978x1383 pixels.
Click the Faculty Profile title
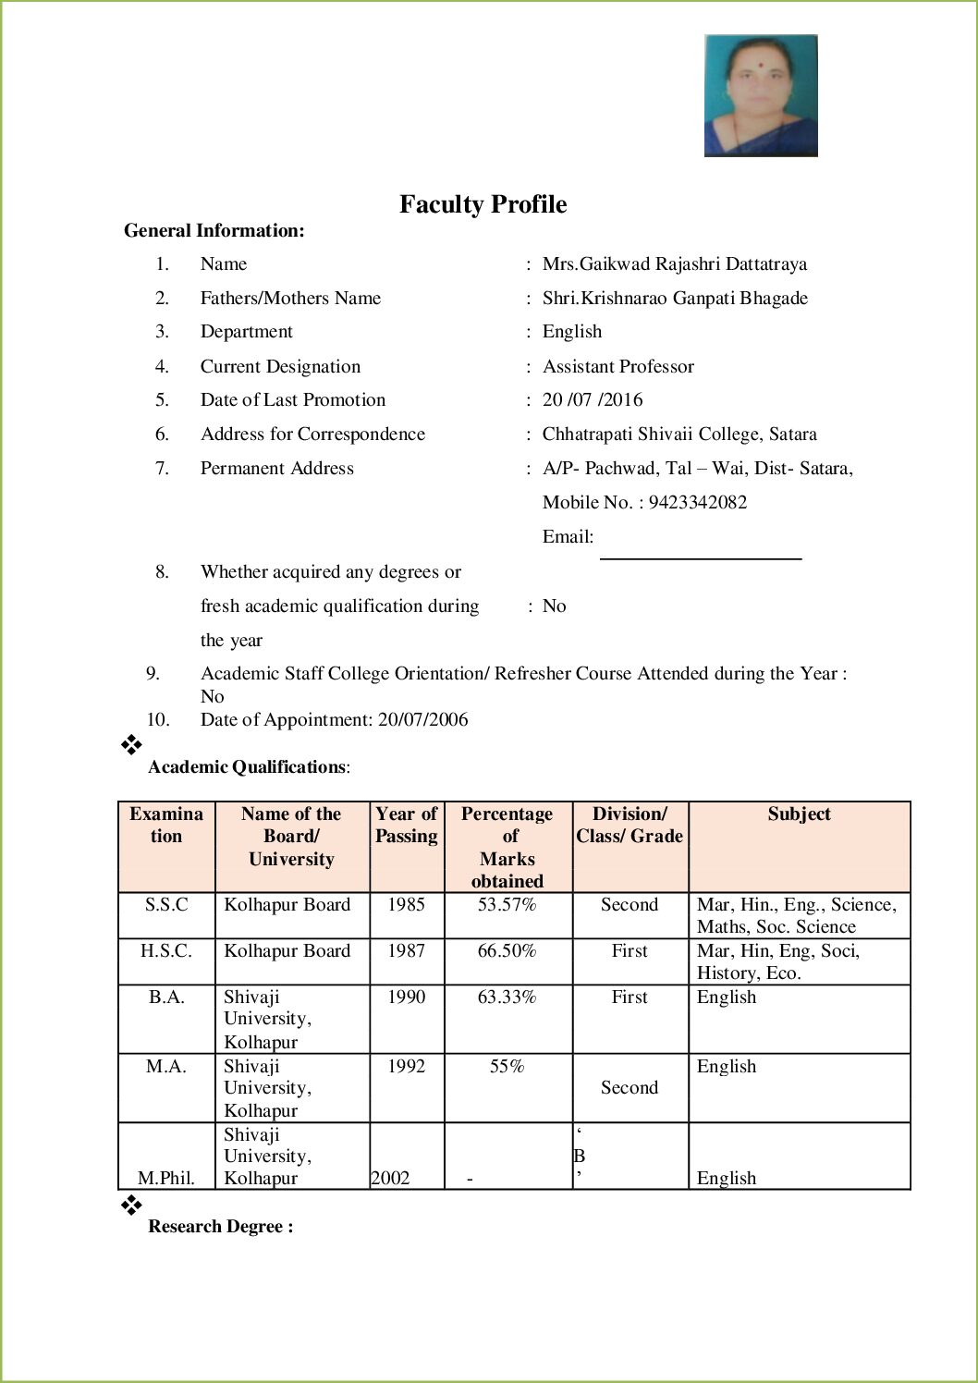(x=483, y=204)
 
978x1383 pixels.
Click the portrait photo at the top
(x=761, y=95)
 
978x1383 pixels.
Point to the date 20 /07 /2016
(x=593, y=399)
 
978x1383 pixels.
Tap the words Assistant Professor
(x=617, y=366)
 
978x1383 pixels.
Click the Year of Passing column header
(x=406, y=825)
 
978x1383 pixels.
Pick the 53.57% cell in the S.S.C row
(x=507, y=904)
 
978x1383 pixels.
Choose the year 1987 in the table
(x=406, y=950)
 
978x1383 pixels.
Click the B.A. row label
(x=166, y=997)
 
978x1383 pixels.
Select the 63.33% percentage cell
(x=507, y=997)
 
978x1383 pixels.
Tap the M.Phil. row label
(x=166, y=1178)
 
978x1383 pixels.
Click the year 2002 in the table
(x=390, y=1178)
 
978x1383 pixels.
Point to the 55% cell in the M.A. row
(x=507, y=1066)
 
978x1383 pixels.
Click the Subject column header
(x=799, y=814)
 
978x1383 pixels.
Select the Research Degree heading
(x=221, y=1226)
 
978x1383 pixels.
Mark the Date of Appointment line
(x=334, y=719)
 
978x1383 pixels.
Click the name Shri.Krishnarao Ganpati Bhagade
(x=675, y=298)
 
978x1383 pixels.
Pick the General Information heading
(x=214, y=230)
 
